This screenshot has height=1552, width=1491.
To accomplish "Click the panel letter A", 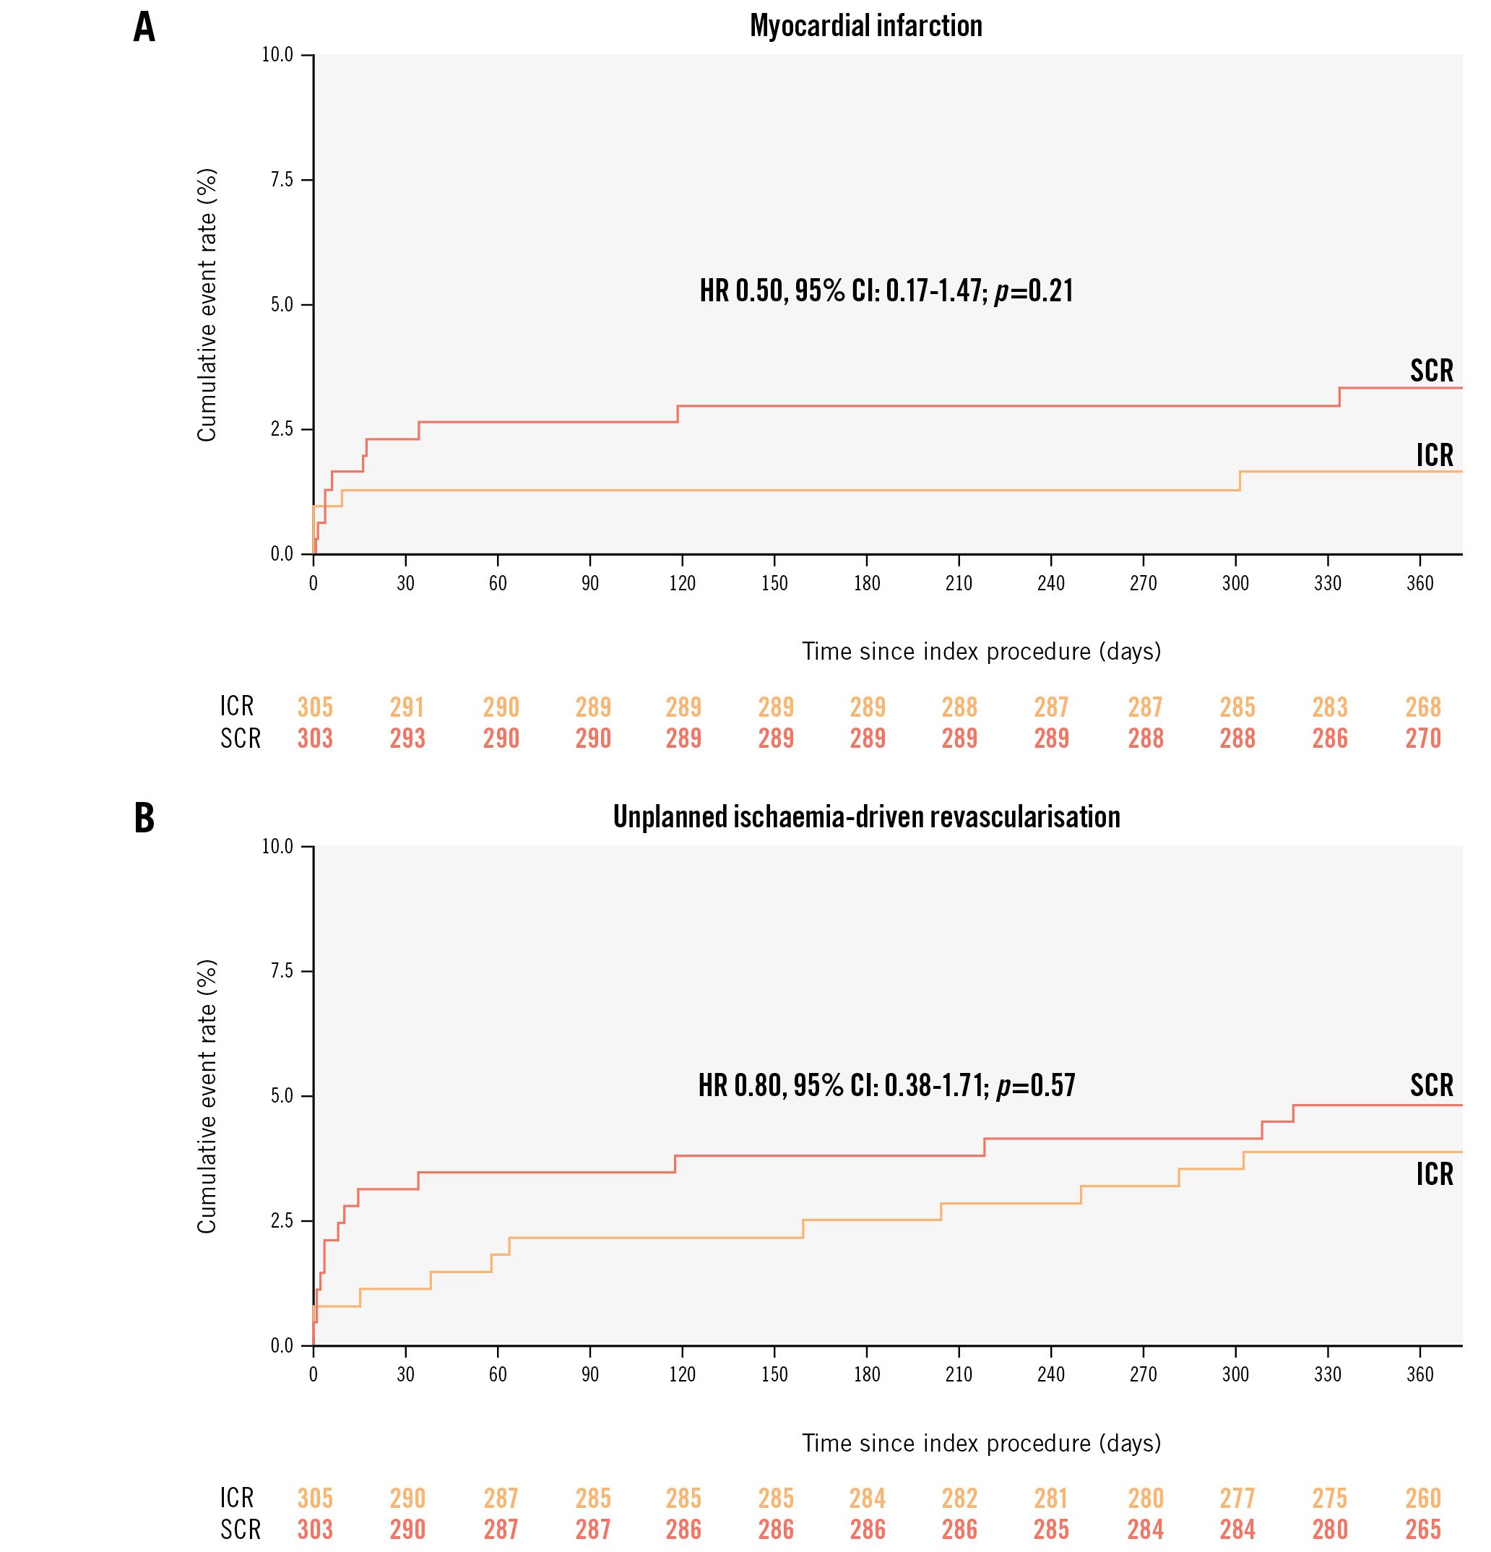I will tap(144, 27).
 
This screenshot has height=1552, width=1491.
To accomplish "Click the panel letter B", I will tap(144, 819).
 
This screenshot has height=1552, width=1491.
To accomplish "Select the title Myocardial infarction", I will tap(865, 26).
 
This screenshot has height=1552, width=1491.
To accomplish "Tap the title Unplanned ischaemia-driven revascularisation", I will tap(866, 817).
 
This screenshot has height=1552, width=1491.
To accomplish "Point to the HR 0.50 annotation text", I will tap(886, 290).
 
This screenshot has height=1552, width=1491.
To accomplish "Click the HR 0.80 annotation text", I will tap(886, 1085).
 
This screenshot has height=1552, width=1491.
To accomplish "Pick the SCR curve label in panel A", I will tap(1432, 371).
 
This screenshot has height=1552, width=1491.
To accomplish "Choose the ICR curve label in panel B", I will tap(1435, 1173).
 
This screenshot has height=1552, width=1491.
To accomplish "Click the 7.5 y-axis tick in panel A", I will tap(282, 180).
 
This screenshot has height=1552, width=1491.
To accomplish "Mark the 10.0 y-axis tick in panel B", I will tap(278, 847).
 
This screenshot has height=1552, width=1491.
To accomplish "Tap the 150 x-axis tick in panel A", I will tap(774, 584).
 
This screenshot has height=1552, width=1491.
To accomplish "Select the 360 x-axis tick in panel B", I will tap(1419, 1375).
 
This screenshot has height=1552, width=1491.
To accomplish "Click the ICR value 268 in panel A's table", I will tap(1423, 707).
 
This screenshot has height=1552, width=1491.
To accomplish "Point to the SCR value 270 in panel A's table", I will tap(1423, 738).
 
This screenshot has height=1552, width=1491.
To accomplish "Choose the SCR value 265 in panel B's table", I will tap(1423, 1529).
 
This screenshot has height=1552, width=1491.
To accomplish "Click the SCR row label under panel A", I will tap(240, 738).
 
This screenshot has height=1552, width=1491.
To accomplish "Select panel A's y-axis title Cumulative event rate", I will tap(207, 305).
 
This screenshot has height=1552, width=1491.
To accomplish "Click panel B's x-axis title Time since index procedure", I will tap(981, 1443).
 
